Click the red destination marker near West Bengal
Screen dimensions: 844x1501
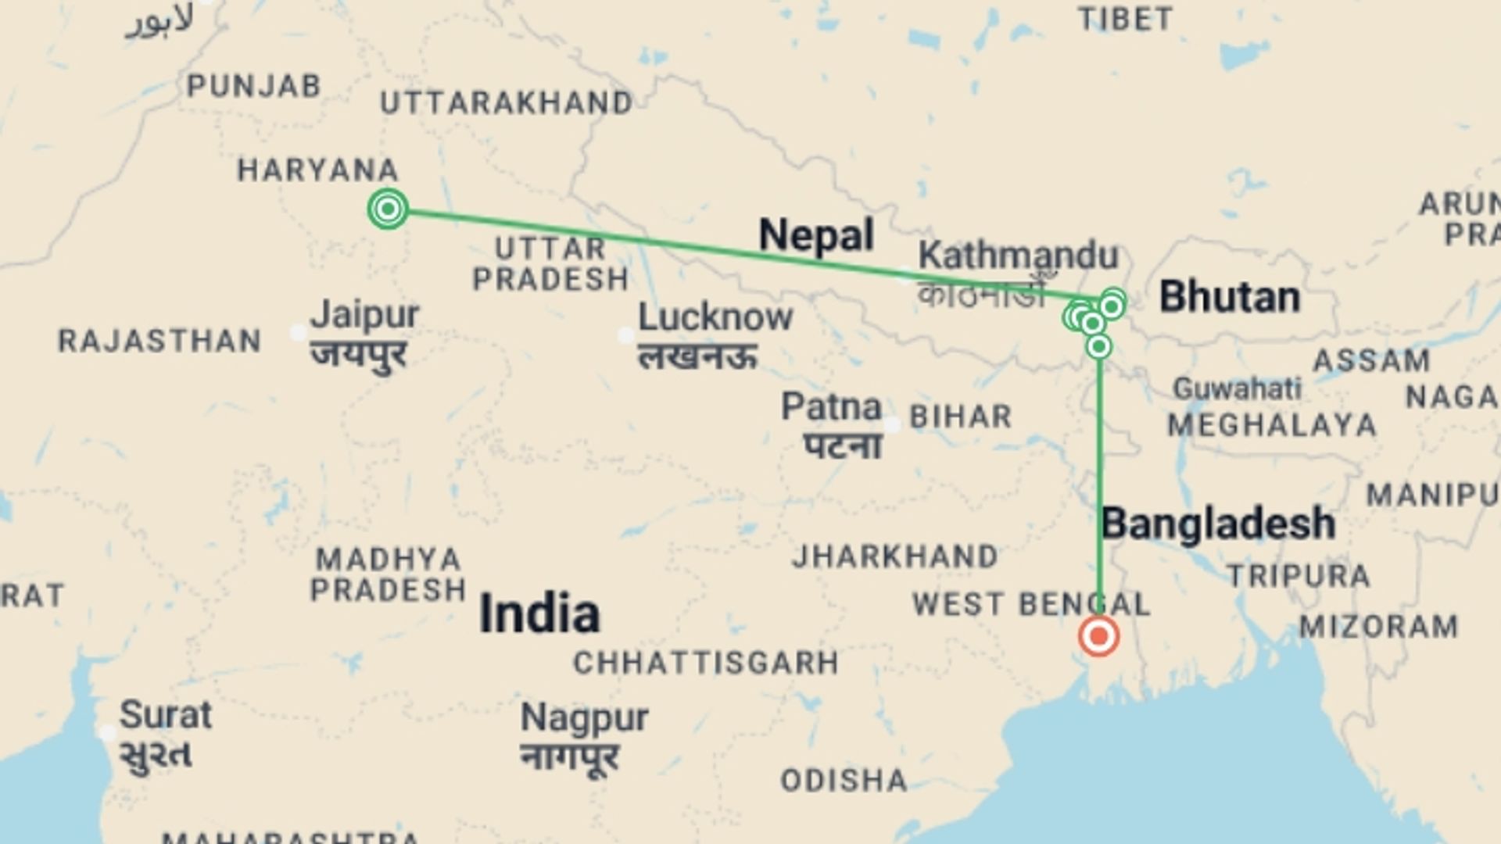[1098, 636]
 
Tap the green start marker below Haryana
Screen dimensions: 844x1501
[388, 209]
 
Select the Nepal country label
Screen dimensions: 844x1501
[815, 234]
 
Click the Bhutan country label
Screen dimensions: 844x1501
[1229, 297]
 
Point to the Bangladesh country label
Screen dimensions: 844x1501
[1217, 523]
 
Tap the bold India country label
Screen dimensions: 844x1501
[539, 613]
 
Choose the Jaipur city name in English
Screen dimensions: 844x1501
[364, 315]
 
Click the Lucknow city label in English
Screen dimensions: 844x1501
[715, 317]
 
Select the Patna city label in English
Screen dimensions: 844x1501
[831, 406]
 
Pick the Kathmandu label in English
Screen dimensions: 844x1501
[1018, 256]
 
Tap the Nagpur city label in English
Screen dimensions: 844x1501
[584, 717]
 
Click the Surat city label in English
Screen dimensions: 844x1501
[165, 714]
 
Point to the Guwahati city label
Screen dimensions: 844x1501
[1237, 388]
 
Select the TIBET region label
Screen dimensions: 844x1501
[1125, 19]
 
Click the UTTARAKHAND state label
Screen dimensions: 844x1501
[507, 103]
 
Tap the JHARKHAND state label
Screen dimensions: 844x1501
[895, 556]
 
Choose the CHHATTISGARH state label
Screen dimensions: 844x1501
[706, 663]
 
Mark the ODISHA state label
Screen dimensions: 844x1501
[844, 780]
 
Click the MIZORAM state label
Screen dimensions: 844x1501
[1378, 626]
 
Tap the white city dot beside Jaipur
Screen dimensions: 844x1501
[298, 333]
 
